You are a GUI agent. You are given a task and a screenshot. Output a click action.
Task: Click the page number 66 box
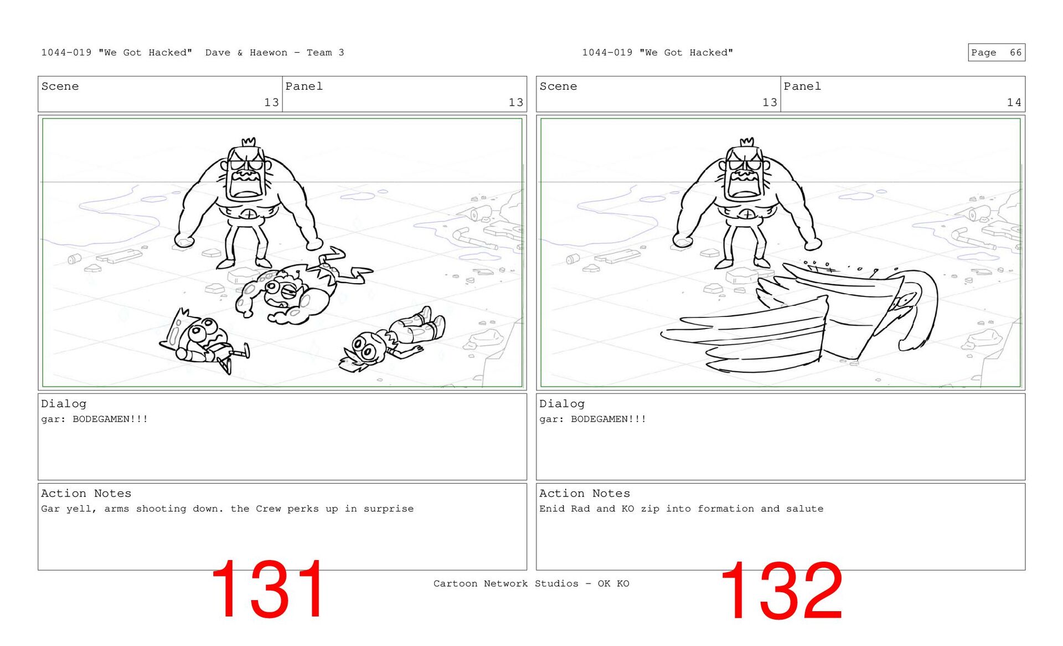point(996,53)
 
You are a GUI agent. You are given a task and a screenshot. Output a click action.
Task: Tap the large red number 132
point(781,591)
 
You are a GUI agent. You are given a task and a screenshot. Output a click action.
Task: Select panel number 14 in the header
point(1014,102)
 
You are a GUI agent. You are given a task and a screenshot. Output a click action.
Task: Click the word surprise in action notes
point(388,509)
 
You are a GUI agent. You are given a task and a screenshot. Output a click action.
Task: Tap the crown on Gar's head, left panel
point(249,142)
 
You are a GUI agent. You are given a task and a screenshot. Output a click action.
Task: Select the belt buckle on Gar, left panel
point(250,214)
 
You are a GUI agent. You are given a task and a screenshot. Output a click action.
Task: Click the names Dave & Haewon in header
point(246,53)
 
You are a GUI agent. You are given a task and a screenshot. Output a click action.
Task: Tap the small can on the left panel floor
point(75,259)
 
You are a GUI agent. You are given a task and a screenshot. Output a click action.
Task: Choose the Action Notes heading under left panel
point(86,494)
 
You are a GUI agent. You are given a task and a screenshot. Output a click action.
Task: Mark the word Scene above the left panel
point(60,86)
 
